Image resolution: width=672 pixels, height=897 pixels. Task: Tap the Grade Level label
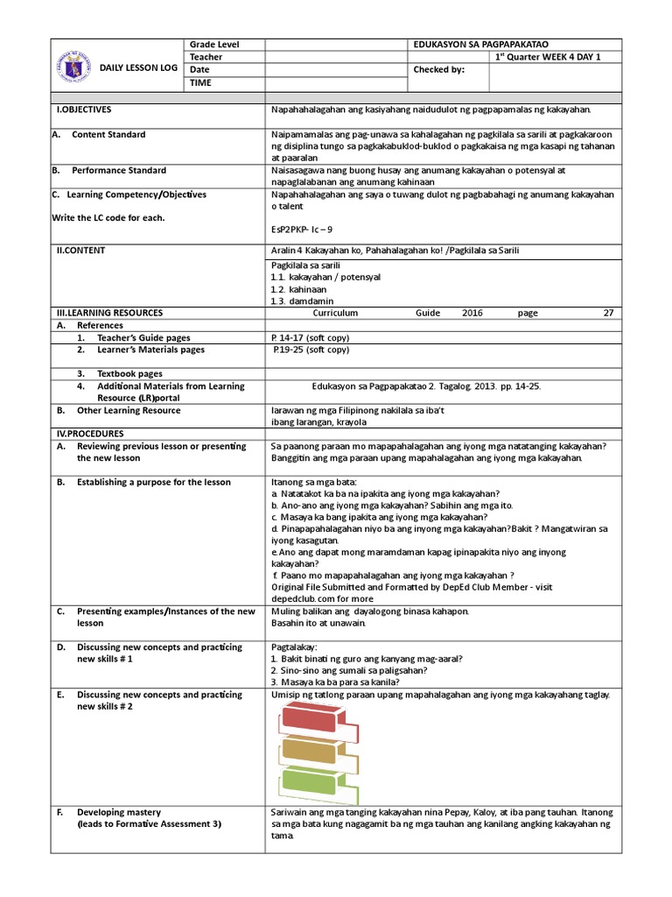pyautogui.click(x=214, y=45)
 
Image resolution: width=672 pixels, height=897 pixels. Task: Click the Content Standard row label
pyautogui.click(x=108, y=135)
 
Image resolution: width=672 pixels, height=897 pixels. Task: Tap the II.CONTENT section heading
pyautogui.click(x=80, y=251)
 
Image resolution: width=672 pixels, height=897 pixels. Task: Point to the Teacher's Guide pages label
pyautogui.click(x=143, y=337)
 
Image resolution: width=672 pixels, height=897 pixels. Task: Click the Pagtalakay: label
pyautogui.click(x=294, y=647)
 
